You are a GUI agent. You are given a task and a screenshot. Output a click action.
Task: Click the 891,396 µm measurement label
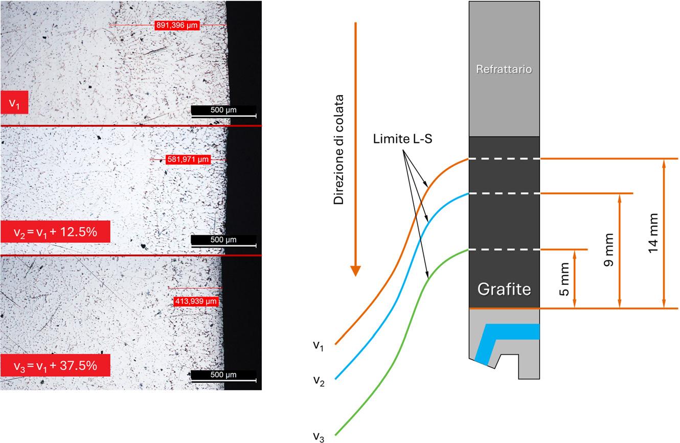176,25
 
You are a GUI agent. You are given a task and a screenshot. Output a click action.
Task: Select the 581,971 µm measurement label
188,160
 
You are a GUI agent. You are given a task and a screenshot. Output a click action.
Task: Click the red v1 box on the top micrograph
14,104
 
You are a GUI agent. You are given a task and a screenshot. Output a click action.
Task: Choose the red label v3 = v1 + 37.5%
55,365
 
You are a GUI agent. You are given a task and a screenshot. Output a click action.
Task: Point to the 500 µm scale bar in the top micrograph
223,112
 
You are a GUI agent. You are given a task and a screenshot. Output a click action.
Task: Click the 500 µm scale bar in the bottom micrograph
223,376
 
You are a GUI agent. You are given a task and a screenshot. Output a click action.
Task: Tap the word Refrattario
504,69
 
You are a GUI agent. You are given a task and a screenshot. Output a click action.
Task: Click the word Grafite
504,290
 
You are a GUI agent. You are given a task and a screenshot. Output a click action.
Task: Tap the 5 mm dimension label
564,279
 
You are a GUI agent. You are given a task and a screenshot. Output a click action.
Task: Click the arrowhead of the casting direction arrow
356,271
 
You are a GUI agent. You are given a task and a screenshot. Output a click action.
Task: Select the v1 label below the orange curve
319,345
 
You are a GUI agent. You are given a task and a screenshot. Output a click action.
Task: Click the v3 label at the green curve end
319,436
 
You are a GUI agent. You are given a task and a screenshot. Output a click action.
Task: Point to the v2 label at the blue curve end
319,381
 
